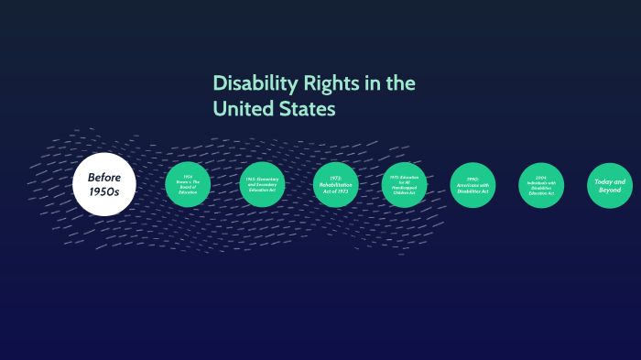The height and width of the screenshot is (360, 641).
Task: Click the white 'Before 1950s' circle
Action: click(x=103, y=184)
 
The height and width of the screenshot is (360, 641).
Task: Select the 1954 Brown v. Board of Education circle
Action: click(x=188, y=185)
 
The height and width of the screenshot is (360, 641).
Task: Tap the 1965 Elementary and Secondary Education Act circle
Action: click(x=262, y=185)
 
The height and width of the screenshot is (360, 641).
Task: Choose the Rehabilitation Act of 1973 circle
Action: click(x=335, y=185)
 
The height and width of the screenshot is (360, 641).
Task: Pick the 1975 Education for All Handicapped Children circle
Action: click(x=404, y=185)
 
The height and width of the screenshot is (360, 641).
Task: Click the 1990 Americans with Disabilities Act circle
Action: click(x=473, y=185)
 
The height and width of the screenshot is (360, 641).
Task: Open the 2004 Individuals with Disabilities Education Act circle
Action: click(x=541, y=185)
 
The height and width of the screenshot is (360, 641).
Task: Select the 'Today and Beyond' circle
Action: click(x=610, y=185)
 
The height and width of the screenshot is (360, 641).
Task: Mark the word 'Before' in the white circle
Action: click(x=105, y=178)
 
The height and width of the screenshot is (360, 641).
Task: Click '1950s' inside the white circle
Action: click(x=104, y=191)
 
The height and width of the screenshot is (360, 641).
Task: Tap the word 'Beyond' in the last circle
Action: click(x=609, y=190)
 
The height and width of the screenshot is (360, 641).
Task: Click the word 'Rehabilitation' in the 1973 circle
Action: click(x=335, y=185)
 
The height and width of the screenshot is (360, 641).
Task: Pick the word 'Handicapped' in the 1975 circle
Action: click(x=404, y=188)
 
